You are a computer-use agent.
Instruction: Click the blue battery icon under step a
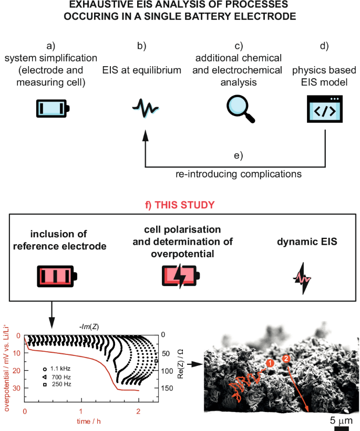(53, 108)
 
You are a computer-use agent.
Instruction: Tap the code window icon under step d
(324, 109)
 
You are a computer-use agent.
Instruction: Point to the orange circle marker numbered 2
(286, 359)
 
